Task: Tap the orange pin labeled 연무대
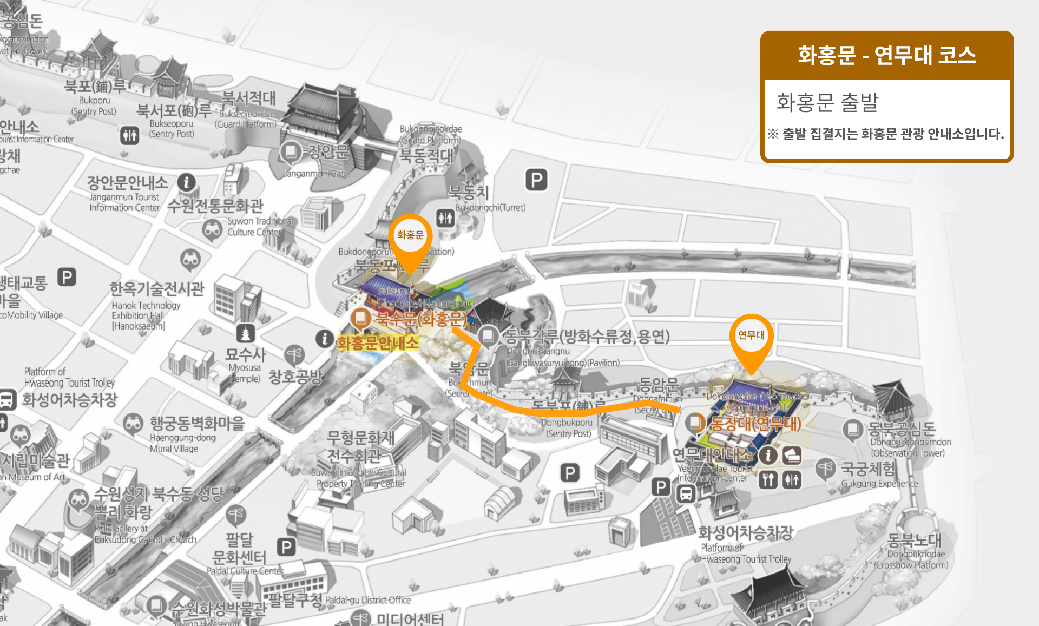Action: coord(751,337)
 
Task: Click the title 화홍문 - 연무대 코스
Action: coord(886,55)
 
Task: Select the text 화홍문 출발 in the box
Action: coord(827,103)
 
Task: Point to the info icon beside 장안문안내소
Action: coord(187,182)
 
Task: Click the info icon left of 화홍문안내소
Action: coord(324,339)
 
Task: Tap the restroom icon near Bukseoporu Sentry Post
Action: coord(130,135)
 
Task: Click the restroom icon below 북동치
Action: coord(445,218)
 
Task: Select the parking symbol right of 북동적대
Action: coord(536,180)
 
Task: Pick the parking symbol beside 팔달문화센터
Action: coord(286,547)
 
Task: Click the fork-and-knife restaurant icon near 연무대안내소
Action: coord(768,480)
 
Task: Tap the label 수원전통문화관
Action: coord(215,206)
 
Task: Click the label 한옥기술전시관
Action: coord(157,289)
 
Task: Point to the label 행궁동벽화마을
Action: coord(198,423)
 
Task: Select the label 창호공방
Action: coord(295,377)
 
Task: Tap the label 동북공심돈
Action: coord(902,429)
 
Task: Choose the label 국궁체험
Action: coord(868,469)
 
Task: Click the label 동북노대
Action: coord(914,541)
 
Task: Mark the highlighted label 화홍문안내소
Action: coord(378,343)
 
